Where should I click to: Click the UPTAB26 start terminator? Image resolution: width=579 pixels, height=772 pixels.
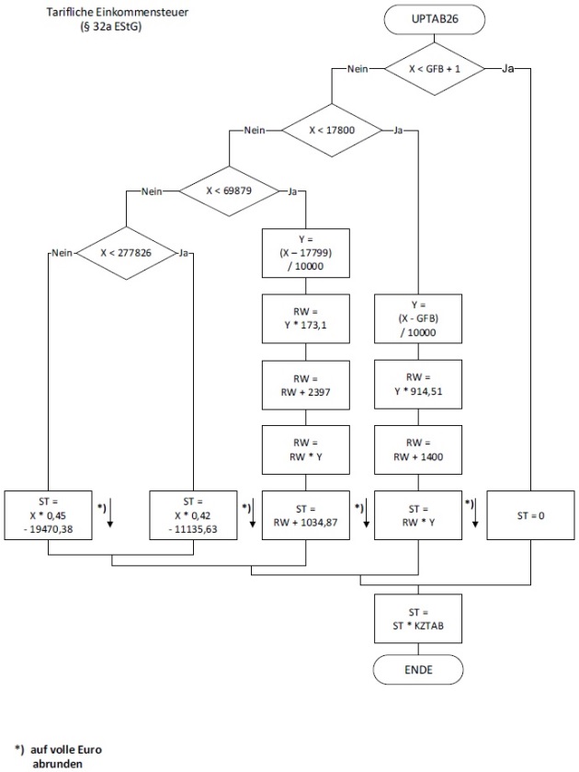tap(418, 19)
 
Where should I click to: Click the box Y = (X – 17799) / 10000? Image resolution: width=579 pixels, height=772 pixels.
tap(307, 251)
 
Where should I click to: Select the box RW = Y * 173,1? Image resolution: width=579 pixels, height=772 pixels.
tap(307, 317)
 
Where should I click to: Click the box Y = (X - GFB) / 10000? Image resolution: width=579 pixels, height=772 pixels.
tap(417, 317)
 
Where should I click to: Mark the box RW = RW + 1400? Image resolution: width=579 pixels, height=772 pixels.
tap(417, 448)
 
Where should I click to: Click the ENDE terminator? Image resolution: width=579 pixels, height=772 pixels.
tap(418, 669)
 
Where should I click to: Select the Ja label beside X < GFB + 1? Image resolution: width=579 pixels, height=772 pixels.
tap(508, 69)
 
